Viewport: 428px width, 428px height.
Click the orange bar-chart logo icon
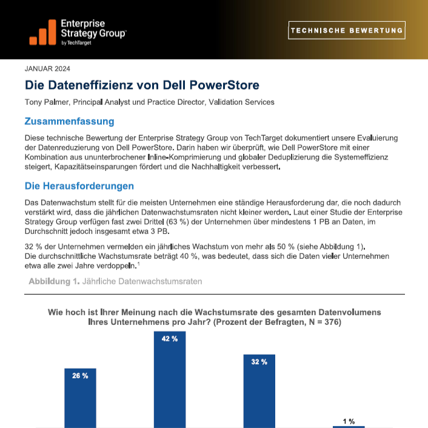(42, 32)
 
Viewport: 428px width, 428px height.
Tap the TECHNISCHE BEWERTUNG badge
(347, 30)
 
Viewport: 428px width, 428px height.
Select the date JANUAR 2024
(47, 69)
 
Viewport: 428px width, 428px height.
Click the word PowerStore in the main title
(224, 85)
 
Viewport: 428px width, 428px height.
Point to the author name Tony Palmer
(47, 102)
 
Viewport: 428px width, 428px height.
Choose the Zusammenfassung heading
(69, 121)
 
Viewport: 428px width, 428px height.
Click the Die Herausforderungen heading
(79, 186)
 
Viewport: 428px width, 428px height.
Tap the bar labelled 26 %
(80, 398)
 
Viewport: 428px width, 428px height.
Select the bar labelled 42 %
(170, 380)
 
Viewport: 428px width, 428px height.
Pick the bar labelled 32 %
(259, 391)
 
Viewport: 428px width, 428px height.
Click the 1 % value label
(349, 421)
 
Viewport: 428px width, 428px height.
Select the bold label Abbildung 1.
(54, 281)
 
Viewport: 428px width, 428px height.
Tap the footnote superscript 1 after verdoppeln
(138, 264)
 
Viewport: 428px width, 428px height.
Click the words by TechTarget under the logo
(76, 43)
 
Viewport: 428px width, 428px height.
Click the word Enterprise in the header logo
(82, 24)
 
